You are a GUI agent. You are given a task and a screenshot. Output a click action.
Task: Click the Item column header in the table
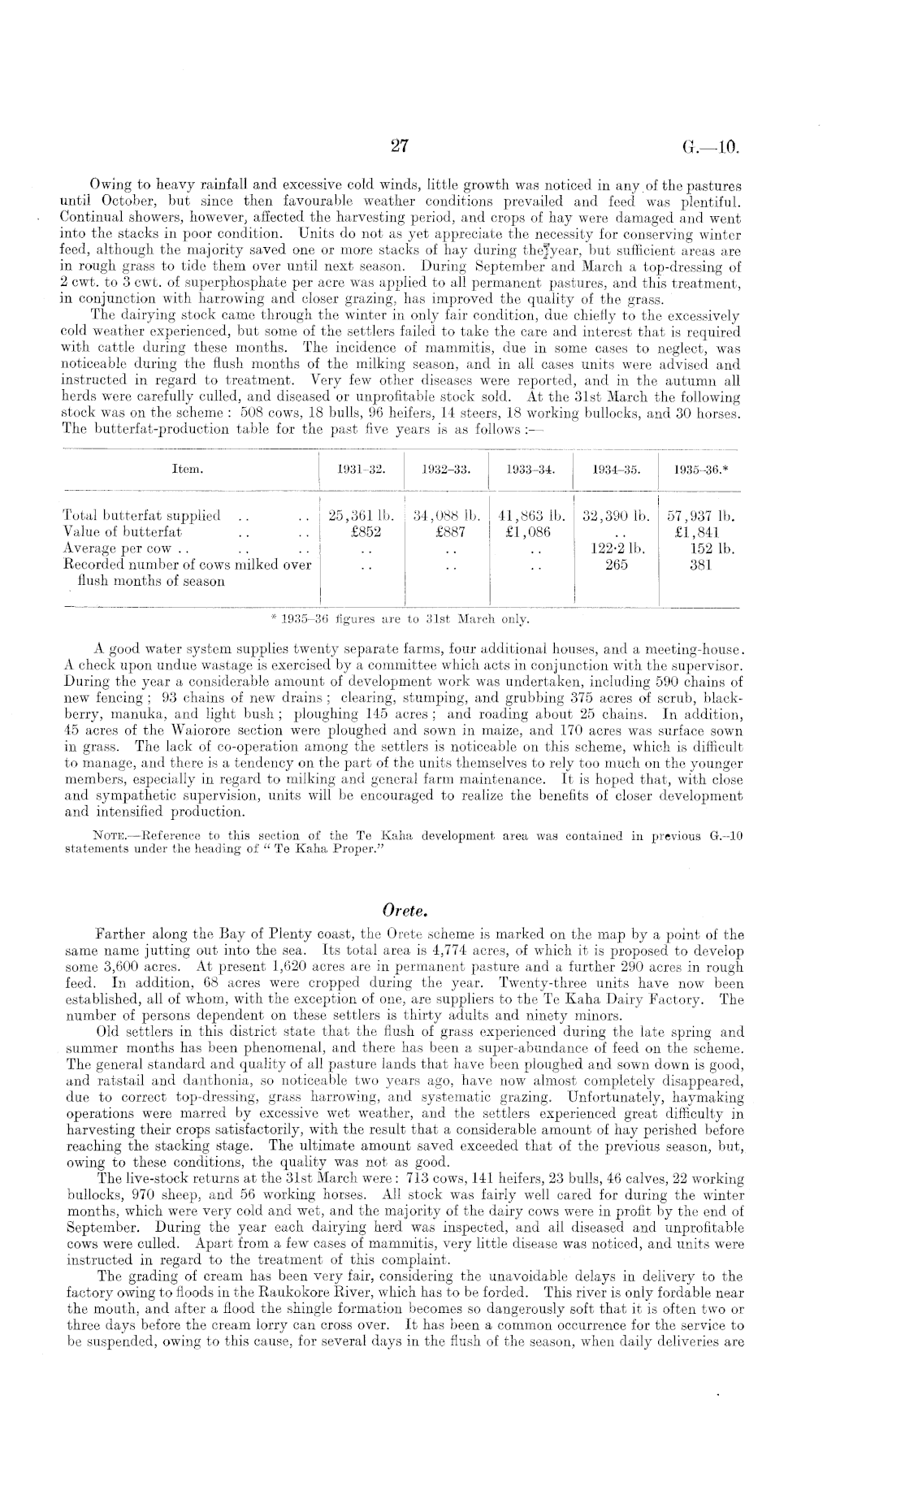[x=188, y=470]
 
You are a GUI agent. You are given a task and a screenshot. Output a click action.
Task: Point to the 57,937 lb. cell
[x=700, y=516]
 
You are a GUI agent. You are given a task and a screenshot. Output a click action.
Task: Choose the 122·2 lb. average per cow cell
[x=616, y=548]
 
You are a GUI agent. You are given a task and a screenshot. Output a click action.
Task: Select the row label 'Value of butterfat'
[x=122, y=532]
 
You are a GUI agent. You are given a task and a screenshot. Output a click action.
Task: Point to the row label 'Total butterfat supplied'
[x=141, y=516]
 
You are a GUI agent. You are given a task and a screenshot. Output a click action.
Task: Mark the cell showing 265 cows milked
[x=617, y=565]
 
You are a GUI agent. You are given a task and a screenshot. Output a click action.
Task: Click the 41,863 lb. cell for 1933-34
[x=530, y=516]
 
